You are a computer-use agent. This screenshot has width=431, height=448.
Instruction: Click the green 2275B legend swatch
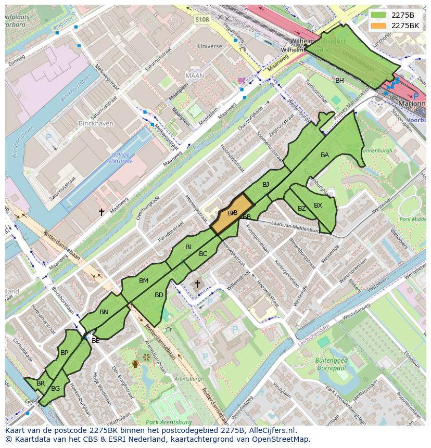point(379,15)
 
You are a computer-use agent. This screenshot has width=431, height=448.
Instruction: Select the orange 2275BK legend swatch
point(379,25)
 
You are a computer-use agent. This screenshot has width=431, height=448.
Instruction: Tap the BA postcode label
point(325,155)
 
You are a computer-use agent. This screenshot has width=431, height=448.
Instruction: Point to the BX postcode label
point(318,206)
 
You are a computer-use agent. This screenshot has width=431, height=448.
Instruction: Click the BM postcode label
point(144,281)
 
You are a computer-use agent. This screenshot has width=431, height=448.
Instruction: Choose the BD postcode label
point(159,295)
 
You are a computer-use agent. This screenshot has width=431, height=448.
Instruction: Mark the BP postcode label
point(64,353)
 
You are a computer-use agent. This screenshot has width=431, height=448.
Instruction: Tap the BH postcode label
point(339,81)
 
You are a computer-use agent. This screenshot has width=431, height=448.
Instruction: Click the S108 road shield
point(202,20)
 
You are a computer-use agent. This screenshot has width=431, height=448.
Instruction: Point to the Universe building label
point(210,46)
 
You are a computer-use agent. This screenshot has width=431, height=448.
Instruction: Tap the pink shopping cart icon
point(240,81)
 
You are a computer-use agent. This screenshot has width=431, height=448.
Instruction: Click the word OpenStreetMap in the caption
point(282,439)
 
